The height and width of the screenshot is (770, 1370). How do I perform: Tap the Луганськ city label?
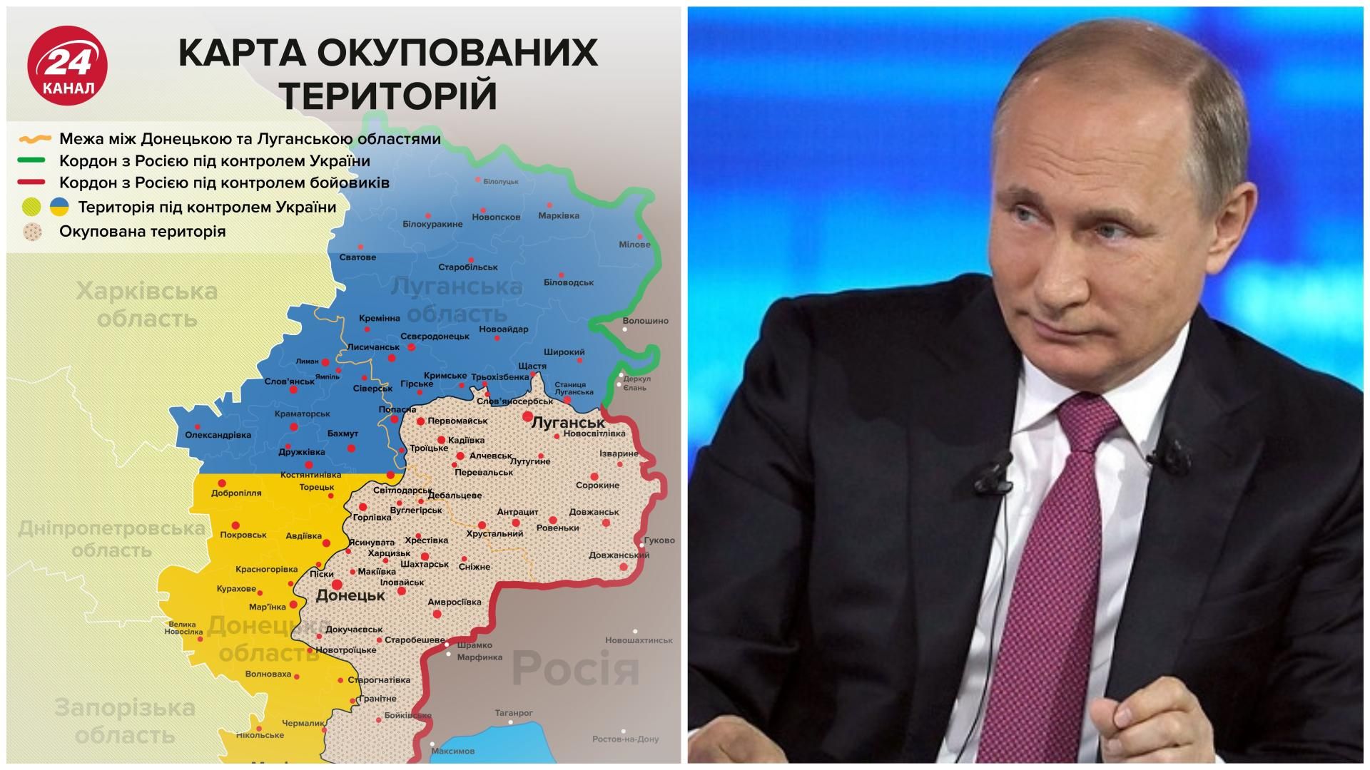[568, 423]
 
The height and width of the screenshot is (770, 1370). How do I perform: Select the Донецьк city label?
[350, 595]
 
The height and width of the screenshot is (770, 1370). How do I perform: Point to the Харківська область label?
[147, 304]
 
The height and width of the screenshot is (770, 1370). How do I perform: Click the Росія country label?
[575, 668]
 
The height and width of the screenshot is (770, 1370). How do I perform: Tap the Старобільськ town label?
[468, 267]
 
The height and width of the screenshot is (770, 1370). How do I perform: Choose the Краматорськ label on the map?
[302, 414]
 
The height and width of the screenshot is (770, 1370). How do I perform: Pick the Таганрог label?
[514, 712]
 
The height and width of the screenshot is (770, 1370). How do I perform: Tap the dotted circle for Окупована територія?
[33, 232]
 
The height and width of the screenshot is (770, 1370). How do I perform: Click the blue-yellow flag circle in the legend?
[59, 207]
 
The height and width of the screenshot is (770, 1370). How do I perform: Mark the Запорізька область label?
[125, 721]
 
